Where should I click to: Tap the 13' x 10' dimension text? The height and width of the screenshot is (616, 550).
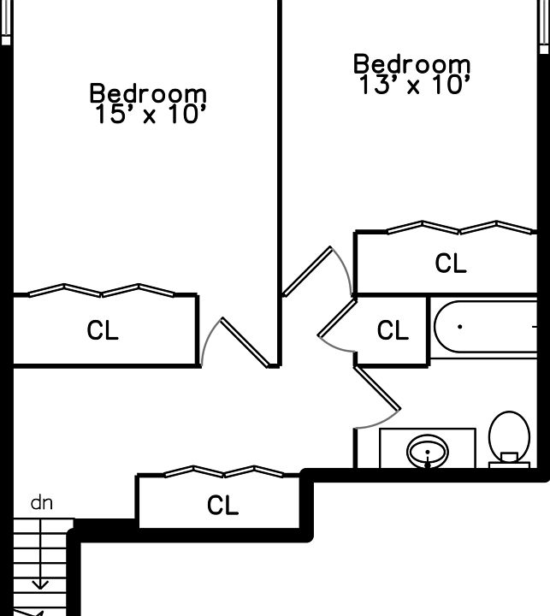[x=412, y=85]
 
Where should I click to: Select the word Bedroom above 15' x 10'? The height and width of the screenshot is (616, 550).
[x=148, y=92]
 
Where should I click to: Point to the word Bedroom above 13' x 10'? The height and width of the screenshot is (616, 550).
[x=412, y=63]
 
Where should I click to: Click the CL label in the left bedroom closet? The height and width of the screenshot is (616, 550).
[x=103, y=330]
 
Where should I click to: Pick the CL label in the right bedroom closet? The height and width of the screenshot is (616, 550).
[x=451, y=264]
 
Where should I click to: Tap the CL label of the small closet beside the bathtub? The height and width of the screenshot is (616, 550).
[x=393, y=330]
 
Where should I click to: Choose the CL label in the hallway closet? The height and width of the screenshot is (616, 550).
[x=222, y=506]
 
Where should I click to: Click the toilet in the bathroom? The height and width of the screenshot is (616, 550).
[x=509, y=439]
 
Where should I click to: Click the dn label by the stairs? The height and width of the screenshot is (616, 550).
[x=41, y=503]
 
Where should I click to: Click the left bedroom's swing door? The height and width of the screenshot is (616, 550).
[x=244, y=342]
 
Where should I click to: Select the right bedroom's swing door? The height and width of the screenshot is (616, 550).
[x=308, y=272]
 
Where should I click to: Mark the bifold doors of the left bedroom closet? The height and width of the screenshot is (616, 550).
[x=103, y=290]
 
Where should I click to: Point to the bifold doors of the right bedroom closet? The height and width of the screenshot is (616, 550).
[x=459, y=228]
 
